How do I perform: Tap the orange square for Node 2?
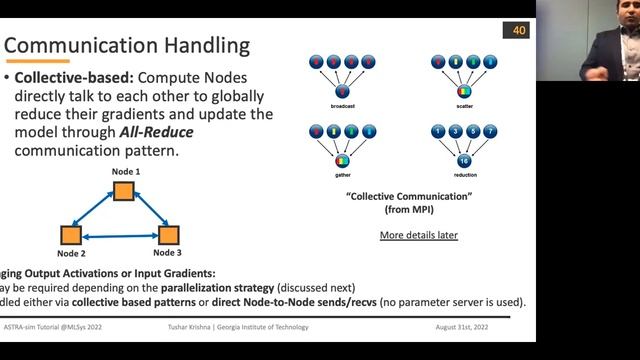69,236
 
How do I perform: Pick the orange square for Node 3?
167,236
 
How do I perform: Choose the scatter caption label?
464,105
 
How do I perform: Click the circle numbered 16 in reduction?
464,160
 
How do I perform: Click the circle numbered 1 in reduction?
437,131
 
